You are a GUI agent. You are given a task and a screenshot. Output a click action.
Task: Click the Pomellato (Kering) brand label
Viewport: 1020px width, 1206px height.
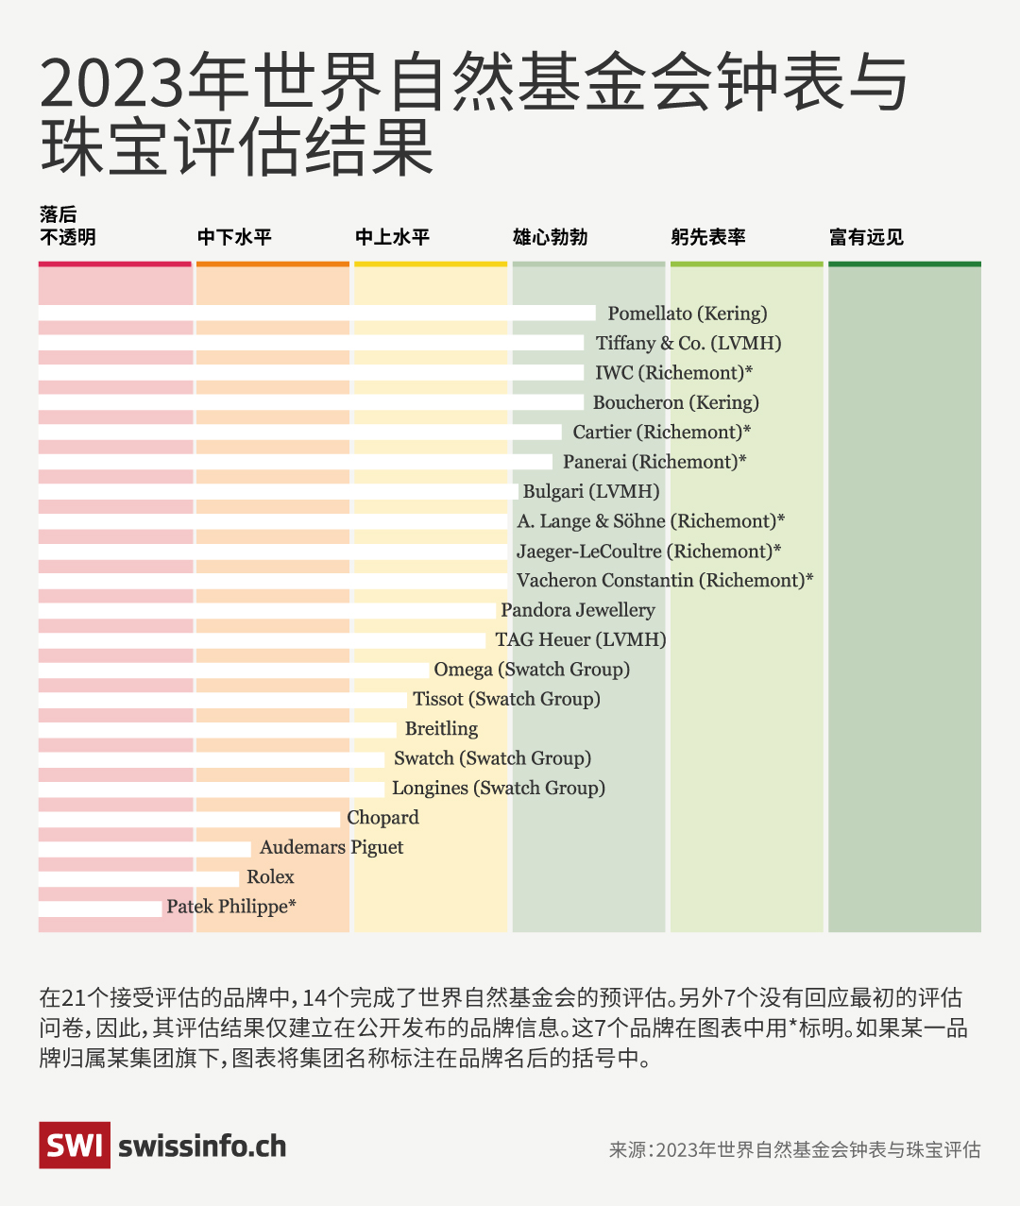click(687, 314)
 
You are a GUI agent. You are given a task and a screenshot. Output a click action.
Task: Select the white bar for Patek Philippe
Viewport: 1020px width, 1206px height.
click(100, 909)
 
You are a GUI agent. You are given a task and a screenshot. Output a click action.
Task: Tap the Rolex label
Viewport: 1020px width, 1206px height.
click(270, 877)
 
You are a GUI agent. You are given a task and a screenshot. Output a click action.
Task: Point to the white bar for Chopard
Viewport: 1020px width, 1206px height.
click(189, 819)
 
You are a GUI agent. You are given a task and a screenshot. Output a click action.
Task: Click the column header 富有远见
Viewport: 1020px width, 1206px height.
click(866, 237)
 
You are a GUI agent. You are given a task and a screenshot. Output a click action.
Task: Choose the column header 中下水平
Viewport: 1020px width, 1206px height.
click(234, 237)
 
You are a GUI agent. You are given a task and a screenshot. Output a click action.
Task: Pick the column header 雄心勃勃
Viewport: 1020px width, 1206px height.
click(550, 237)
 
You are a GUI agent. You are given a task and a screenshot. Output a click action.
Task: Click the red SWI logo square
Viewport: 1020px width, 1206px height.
click(75, 1145)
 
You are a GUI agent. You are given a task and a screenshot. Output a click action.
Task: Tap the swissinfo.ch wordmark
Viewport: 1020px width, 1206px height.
click(202, 1146)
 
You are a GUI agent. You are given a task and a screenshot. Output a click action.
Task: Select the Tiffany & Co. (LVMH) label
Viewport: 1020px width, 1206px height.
click(688, 344)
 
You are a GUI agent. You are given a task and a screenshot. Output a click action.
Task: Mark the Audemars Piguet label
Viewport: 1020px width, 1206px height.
click(331, 847)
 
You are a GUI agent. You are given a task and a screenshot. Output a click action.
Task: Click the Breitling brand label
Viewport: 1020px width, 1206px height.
click(441, 729)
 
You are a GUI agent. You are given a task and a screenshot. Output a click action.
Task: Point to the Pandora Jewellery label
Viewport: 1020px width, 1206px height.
click(577, 610)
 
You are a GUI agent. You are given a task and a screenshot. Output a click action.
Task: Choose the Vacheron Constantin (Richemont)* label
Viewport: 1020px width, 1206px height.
click(664, 581)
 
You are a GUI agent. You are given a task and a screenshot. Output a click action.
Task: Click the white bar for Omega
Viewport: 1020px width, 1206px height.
click(233, 671)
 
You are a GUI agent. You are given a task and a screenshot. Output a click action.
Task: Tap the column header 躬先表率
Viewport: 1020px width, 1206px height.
click(708, 237)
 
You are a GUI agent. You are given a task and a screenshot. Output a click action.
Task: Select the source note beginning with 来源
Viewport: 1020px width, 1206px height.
click(794, 1149)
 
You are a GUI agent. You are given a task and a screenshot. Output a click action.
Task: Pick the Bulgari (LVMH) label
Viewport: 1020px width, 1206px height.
click(591, 492)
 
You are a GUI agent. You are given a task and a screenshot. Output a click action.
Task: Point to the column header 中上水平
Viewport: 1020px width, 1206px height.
click(392, 237)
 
